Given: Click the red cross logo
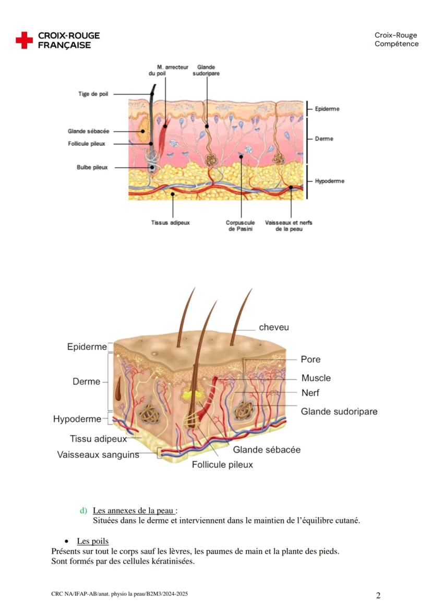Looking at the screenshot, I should coord(24,40).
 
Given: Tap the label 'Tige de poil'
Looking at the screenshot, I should coord(93,94).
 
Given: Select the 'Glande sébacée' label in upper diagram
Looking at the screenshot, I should coord(88,131).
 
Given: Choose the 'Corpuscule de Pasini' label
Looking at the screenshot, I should coord(239,226).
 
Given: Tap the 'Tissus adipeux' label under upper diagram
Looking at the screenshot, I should coord(171,222).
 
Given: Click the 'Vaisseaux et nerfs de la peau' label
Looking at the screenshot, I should coord(289,226).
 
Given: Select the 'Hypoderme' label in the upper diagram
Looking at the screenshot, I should coord(329,181).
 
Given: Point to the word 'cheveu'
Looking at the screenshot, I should coord(274,328).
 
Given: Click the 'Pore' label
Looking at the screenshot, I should coord(310,359).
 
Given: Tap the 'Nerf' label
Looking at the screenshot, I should coord(310,393).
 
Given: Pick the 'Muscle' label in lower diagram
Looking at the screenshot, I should coord(316,378).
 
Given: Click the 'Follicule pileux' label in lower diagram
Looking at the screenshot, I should coord(222,465).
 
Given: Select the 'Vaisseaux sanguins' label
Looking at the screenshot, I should coord(98,455).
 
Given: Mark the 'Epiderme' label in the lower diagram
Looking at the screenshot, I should coord(87,347).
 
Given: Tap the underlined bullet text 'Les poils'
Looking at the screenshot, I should coord(92,541).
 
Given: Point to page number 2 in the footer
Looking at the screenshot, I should coord(378,595).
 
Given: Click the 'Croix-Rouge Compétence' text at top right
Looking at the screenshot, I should coord(396,40).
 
